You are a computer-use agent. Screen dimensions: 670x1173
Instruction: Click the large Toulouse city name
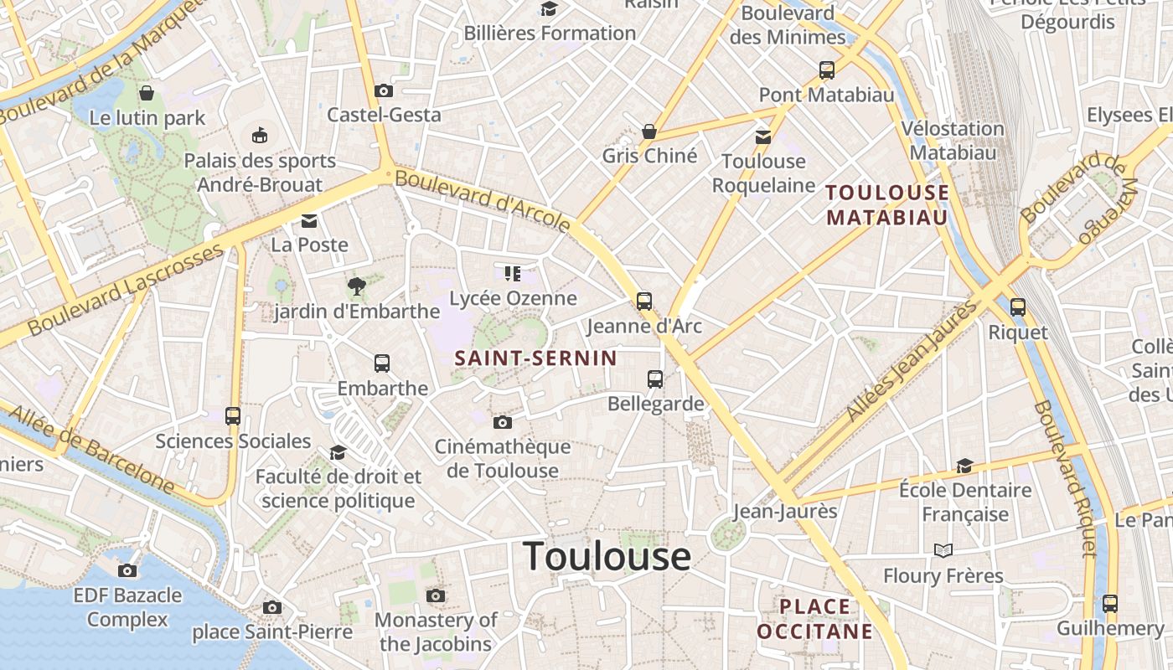tap(607, 557)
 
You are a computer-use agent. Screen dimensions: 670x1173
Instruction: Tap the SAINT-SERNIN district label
tap(535, 358)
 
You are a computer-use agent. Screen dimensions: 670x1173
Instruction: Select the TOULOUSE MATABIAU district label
tap(887, 205)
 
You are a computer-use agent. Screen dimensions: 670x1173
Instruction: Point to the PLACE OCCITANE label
tap(815, 618)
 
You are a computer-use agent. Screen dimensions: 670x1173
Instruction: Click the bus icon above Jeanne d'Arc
tap(643, 301)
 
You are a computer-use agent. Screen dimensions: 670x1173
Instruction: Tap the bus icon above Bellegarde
tap(655, 379)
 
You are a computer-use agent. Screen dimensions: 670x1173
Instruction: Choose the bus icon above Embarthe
tap(382, 363)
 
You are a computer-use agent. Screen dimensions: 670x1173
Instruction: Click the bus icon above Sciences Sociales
tap(233, 415)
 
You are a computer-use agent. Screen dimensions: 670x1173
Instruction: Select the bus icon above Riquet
tap(1018, 307)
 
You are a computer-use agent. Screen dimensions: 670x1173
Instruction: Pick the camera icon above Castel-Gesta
tap(384, 90)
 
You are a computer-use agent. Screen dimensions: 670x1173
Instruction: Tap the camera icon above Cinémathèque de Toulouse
tap(502, 422)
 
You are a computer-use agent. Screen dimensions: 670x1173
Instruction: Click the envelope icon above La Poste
tap(309, 221)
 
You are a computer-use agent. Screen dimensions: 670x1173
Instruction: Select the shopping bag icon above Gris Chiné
tap(649, 131)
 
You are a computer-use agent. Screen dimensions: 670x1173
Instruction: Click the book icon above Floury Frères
tap(943, 551)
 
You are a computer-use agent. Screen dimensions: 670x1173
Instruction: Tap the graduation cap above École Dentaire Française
tap(965, 465)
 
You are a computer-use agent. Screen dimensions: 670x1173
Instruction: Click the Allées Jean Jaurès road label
tap(912, 361)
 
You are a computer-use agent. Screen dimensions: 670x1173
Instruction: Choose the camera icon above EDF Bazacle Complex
tap(127, 571)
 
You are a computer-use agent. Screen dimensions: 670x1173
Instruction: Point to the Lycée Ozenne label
tap(513, 298)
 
